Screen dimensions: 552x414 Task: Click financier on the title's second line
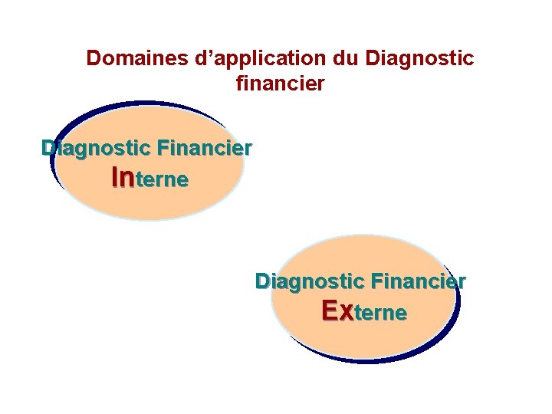click(x=281, y=83)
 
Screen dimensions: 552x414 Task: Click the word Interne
click(x=150, y=179)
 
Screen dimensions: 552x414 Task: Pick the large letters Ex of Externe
click(x=338, y=311)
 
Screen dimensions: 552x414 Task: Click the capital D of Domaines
click(x=93, y=58)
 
